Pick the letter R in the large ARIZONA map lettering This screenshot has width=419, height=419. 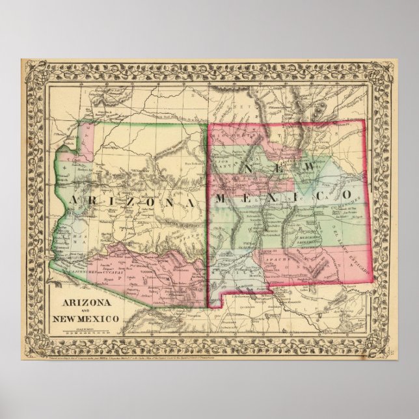(94, 201)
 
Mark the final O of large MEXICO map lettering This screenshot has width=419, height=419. (348, 193)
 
